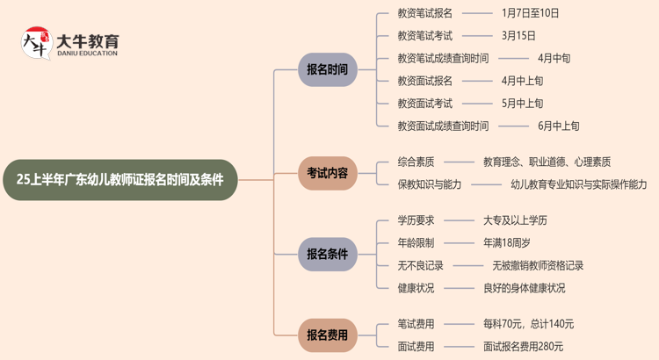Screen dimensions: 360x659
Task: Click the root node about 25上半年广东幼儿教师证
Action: (x=119, y=180)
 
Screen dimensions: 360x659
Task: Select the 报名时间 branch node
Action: (x=327, y=69)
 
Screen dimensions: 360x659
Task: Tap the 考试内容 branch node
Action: (x=327, y=173)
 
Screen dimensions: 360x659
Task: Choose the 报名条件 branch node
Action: (x=327, y=254)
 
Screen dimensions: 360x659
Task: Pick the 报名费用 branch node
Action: (x=327, y=335)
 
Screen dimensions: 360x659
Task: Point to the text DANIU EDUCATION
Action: (x=86, y=54)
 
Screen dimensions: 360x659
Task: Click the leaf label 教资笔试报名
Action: (x=424, y=13)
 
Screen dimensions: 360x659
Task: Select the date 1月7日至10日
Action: (x=530, y=13)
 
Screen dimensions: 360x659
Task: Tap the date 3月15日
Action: (x=518, y=36)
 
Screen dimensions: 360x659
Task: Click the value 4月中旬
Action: (x=554, y=58)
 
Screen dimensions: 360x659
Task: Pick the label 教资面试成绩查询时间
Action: (x=443, y=126)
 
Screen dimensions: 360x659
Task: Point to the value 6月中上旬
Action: (x=559, y=126)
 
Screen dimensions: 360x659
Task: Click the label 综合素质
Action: (x=416, y=162)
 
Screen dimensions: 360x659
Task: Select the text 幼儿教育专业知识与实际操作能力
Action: (x=578, y=184)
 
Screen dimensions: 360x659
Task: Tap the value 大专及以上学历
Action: (x=515, y=220)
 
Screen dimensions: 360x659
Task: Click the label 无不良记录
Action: (x=421, y=265)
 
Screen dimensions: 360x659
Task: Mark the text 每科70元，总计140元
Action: (x=528, y=323)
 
